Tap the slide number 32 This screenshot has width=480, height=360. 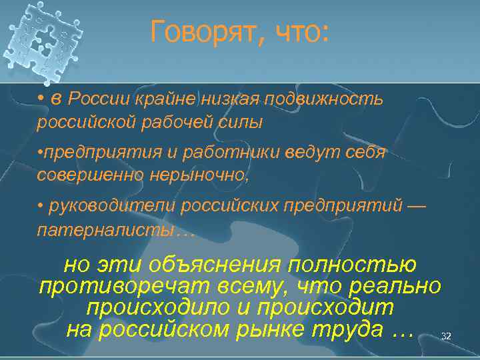click(446, 337)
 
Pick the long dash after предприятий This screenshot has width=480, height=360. click(414, 206)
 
